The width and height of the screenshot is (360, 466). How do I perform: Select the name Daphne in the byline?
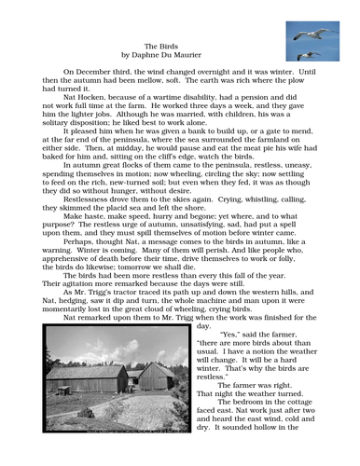159,55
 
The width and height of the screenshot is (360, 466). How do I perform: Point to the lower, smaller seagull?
305,55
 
